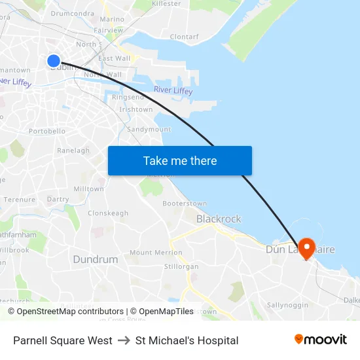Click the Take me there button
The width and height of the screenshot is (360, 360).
click(179, 160)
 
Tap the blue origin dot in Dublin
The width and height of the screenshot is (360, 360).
click(54, 61)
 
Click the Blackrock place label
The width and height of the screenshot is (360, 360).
click(219, 219)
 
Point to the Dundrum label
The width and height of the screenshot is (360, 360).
click(96, 259)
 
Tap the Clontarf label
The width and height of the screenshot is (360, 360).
click(184, 37)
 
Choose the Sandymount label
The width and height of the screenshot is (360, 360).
click(149, 130)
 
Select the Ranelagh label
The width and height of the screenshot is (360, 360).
click(73, 151)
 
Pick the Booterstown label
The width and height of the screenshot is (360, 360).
click(185, 204)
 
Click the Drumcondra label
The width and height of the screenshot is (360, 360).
click(71, 12)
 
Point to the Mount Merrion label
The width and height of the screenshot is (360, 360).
click(156, 253)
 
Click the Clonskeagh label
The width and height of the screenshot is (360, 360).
click(108, 213)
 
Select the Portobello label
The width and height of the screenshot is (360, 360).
click(47, 131)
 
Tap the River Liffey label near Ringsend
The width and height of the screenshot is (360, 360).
click(173, 91)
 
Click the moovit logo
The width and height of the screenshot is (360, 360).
click(321, 340)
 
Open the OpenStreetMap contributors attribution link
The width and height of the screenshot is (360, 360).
click(65, 312)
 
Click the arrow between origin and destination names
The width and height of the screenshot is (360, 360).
click(124, 340)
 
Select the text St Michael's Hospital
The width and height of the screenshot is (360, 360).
click(187, 340)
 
